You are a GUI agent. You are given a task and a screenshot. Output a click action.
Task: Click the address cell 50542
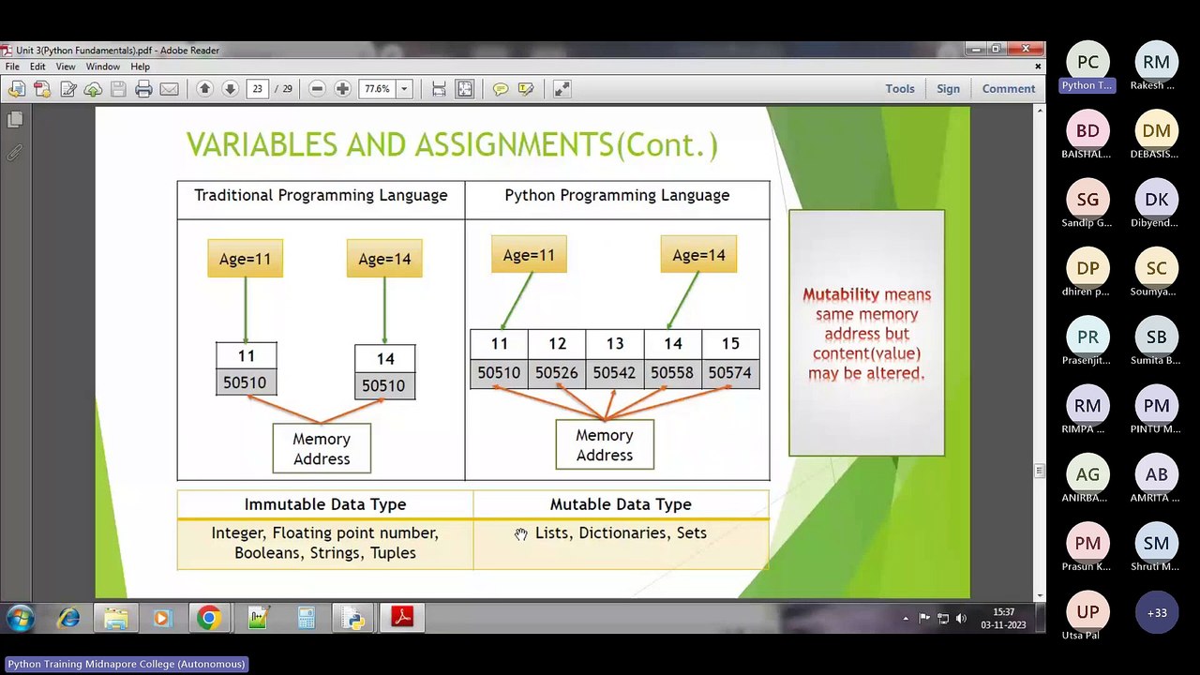pyautogui.click(x=614, y=373)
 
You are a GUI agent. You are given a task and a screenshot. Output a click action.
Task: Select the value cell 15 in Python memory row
pyautogui.click(x=730, y=344)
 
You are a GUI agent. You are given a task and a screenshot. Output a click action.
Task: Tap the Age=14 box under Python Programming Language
pyautogui.click(x=698, y=255)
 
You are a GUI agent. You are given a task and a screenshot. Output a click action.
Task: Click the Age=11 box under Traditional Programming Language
pyautogui.click(x=245, y=260)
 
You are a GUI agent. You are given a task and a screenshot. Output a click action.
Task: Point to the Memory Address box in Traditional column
pyautogui.click(x=322, y=449)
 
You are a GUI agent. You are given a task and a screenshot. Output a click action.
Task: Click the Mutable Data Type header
pyautogui.click(x=621, y=504)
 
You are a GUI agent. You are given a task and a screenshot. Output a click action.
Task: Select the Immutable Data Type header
pyautogui.click(x=325, y=504)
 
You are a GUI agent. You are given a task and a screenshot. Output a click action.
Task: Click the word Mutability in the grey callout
pyautogui.click(x=840, y=294)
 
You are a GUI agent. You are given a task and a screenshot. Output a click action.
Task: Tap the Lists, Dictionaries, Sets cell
pyautogui.click(x=621, y=533)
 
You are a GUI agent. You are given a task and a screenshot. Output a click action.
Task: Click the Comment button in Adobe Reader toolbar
pyautogui.click(x=1009, y=89)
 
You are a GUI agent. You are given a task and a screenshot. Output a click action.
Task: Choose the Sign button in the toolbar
pyautogui.click(x=948, y=89)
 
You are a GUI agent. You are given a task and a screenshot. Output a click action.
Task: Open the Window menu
pyautogui.click(x=102, y=67)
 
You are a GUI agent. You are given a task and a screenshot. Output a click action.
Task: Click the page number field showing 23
pyautogui.click(x=257, y=89)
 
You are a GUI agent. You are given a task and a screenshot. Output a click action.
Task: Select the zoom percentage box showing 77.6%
pyautogui.click(x=378, y=89)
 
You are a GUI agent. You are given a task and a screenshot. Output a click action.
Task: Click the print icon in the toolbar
pyautogui.click(x=143, y=89)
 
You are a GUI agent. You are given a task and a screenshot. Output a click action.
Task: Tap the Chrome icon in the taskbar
pyautogui.click(x=209, y=618)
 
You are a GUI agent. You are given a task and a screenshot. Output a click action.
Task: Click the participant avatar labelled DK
pyautogui.click(x=1156, y=200)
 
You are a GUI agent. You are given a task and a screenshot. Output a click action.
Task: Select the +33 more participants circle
pyautogui.click(x=1156, y=612)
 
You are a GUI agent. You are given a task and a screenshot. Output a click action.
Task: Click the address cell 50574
pyautogui.click(x=729, y=373)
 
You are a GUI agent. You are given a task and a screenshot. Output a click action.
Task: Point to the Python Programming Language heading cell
pyautogui.click(x=617, y=196)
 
